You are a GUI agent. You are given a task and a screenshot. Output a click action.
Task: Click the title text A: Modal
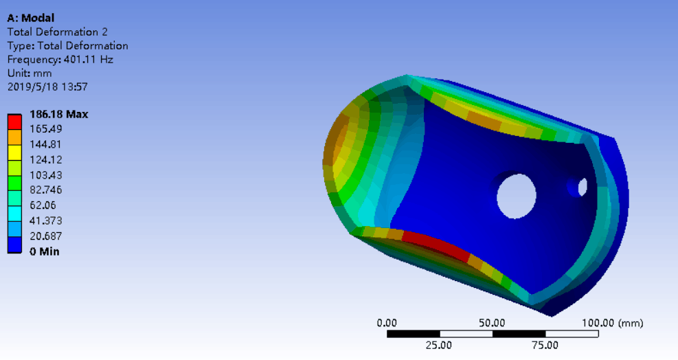coord(31,18)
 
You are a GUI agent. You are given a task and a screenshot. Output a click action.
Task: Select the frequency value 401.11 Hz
coord(89,59)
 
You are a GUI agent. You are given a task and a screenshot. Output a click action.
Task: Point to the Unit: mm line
coord(30,73)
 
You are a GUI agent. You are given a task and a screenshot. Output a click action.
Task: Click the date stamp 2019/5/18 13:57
coord(47,87)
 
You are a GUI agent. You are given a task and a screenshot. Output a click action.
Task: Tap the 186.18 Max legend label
coord(59,114)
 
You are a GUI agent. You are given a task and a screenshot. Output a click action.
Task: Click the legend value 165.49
coord(46,129)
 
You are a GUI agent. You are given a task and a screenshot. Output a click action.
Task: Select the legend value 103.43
coord(46,175)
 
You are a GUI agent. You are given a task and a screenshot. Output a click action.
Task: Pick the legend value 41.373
coord(46,221)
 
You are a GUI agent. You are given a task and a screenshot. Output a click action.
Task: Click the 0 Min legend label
coord(45,251)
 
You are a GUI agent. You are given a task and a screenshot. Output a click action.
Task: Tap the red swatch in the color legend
coord(14,122)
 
